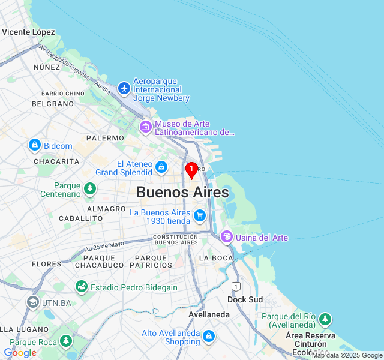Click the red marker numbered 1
[x=191, y=170]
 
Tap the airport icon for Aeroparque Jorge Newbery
[x=124, y=89]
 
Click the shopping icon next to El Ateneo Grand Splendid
[x=161, y=167]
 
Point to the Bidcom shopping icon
[x=34, y=145]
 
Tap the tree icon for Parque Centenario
[x=90, y=189]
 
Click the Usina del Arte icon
[x=226, y=237]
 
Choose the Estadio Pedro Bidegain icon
[x=82, y=287]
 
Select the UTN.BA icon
[x=32, y=302]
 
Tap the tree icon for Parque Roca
[x=66, y=341]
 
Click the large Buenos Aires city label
[x=182, y=192]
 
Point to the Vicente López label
[x=28, y=32]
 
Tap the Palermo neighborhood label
[x=104, y=138]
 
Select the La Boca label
[x=215, y=258]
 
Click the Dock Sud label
[x=245, y=299]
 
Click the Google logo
[x=20, y=353]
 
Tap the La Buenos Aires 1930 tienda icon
[x=200, y=215]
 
